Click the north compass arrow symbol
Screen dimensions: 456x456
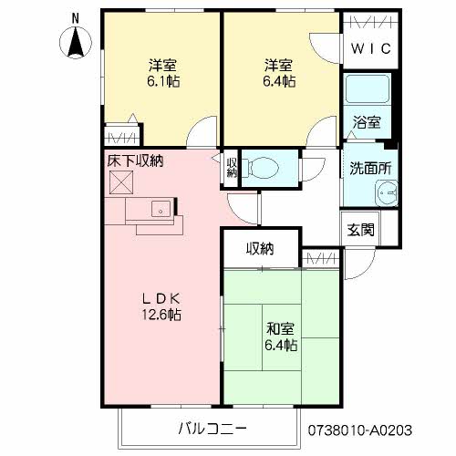76,42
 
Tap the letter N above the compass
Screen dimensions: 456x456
76,17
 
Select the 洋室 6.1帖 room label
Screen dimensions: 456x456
163,73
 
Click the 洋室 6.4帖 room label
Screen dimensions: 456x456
280,73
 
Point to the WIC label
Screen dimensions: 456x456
371,48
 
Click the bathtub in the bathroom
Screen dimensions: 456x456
368,91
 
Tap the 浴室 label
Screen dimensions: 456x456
368,121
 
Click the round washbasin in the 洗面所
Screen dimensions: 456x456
388,193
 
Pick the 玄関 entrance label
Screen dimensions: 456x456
360,230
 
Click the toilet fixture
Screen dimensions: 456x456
264,168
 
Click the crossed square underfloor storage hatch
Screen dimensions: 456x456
121,182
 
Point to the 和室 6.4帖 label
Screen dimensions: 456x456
281,337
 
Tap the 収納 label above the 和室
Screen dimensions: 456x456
261,248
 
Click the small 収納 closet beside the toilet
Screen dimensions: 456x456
232,167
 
